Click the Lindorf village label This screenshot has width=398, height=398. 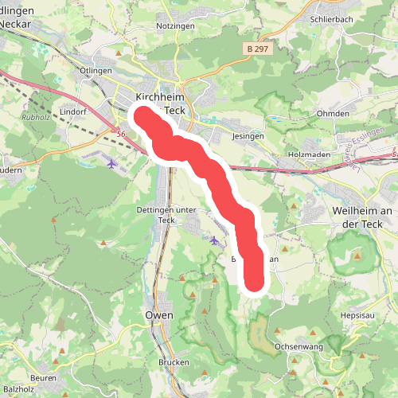tap(72, 112)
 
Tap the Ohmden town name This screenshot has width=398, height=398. tap(333, 113)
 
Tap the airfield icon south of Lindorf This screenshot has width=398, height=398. tap(111, 163)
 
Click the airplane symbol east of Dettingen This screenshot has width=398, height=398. tap(214, 239)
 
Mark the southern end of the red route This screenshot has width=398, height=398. tap(253, 282)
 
